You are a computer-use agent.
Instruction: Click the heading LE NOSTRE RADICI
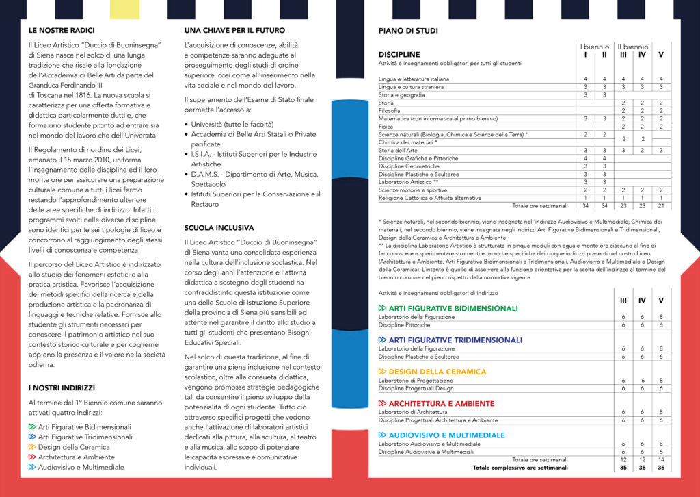click(x=62, y=31)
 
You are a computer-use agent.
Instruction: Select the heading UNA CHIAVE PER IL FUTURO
click(x=234, y=31)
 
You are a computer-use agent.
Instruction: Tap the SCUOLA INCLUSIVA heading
click(x=219, y=227)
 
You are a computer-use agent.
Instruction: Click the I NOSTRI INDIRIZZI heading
click(x=62, y=388)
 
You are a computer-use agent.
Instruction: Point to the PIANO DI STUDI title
click(x=408, y=31)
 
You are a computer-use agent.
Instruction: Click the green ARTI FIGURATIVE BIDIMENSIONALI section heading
click(x=453, y=309)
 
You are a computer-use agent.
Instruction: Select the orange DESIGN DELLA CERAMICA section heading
click(x=437, y=372)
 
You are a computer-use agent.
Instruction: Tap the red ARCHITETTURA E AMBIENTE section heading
click(x=441, y=404)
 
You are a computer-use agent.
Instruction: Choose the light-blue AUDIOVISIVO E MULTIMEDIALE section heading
click(x=446, y=435)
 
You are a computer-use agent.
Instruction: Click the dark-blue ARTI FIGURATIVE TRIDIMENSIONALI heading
click(x=455, y=340)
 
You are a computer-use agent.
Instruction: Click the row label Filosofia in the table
click(x=391, y=110)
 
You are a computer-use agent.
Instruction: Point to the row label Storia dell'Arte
click(x=398, y=150)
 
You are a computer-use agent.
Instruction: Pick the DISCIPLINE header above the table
click(x=399, y=54)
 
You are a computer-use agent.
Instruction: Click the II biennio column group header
click(x=632, y=47)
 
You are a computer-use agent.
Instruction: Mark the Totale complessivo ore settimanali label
click(x=520, y=468)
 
